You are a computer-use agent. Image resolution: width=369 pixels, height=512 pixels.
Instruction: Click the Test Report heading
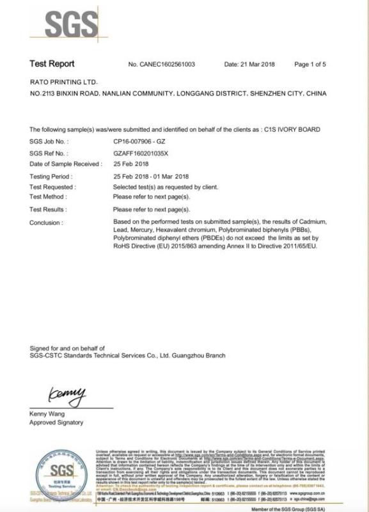52,64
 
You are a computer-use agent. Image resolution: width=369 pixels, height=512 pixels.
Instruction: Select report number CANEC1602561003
170,65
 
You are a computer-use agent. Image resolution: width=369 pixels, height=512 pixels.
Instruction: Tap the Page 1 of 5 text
310,65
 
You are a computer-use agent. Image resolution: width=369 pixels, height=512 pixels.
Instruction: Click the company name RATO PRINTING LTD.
63,83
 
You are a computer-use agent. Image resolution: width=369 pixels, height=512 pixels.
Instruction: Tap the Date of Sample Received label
65,164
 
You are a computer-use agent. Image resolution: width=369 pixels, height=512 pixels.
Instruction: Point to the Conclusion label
47,223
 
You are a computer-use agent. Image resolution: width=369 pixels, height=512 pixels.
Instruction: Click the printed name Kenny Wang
47,413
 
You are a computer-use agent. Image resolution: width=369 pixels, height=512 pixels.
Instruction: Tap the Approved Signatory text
56,422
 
